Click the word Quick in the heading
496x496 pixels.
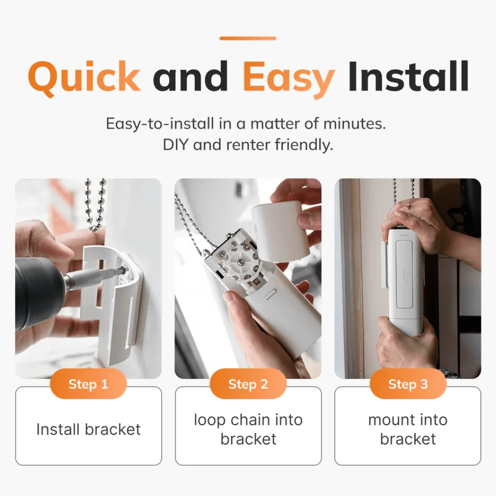84,77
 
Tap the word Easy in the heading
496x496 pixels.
289,79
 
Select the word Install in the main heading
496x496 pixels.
408,76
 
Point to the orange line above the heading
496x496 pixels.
248,38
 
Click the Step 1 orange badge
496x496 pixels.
88,384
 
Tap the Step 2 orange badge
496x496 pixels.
248,384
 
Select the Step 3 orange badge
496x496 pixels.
408,384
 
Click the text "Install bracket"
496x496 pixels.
88,429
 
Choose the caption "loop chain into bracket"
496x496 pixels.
248,429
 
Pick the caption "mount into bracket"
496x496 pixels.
408,429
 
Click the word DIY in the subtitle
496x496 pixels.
175,145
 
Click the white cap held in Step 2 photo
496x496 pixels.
280,231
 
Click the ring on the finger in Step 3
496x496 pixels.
408,206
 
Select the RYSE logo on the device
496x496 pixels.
404,235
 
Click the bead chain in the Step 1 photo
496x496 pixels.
95,205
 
